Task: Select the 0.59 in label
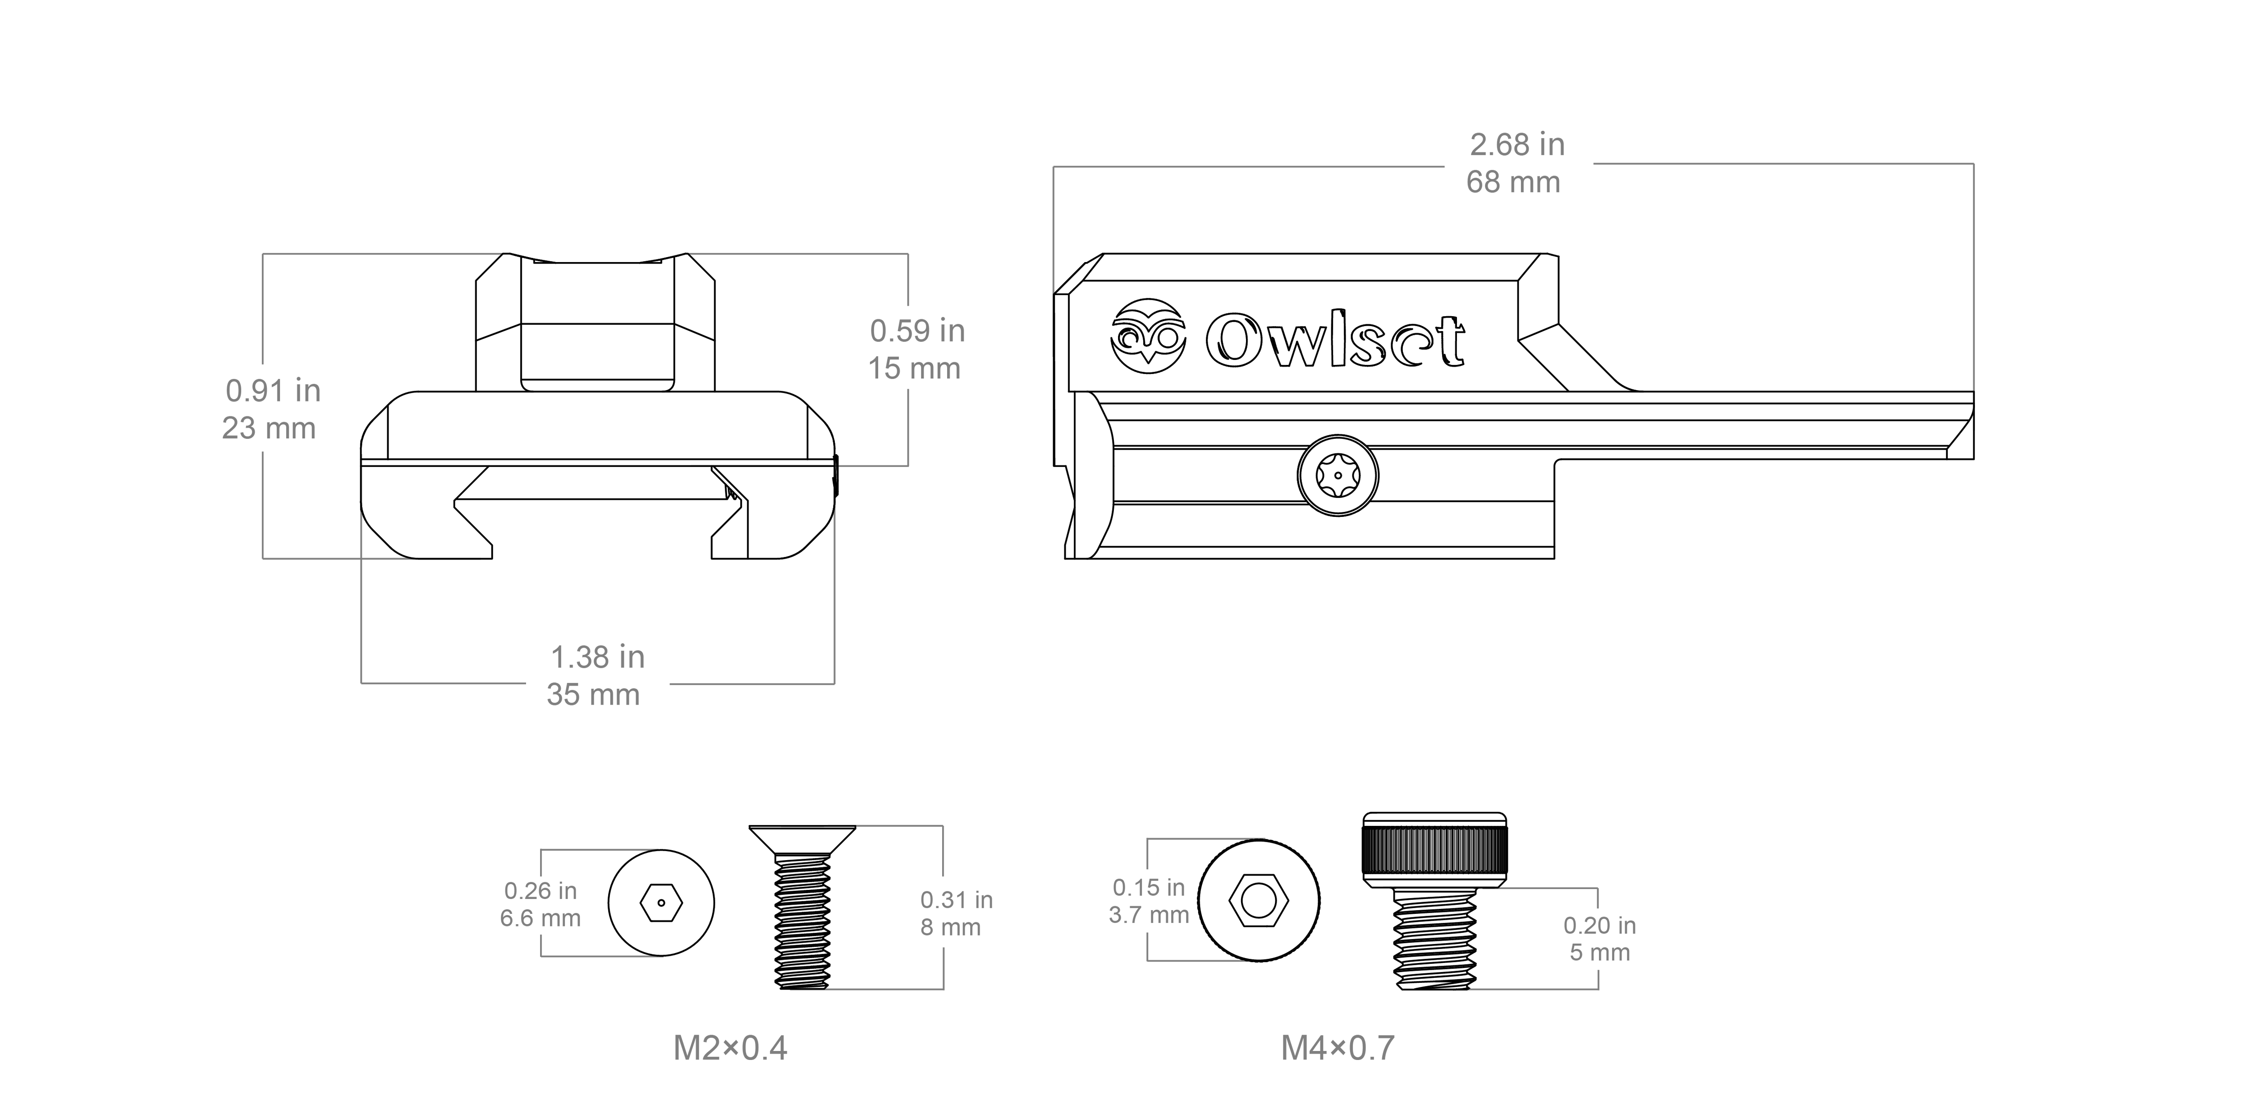click(917, 331)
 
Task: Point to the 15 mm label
click(913, 369)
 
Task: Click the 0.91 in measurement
click(273, 390)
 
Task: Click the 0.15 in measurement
click(1148, 888)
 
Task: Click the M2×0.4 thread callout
click(730, 1048)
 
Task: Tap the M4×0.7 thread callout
click(1337, 1048)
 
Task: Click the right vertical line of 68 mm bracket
click(1973, 280)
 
